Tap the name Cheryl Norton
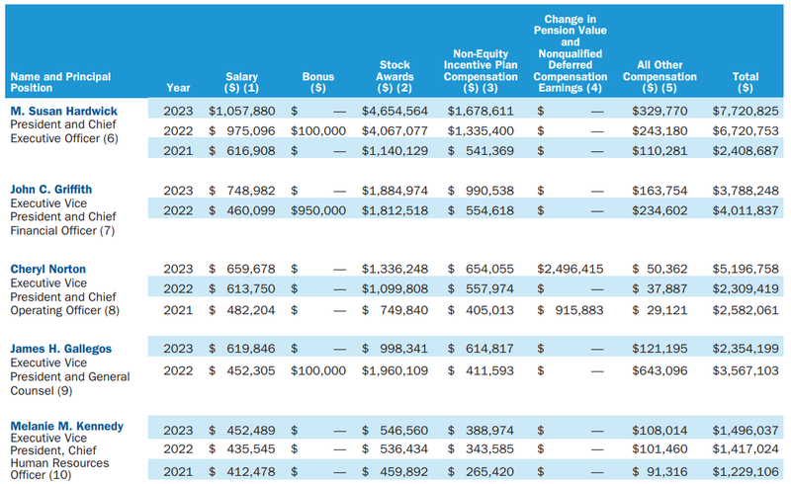[x=48, y=269]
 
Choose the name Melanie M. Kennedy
[x=66, y=426]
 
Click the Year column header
[x=178, y=85]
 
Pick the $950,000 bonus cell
[x=318, y=207]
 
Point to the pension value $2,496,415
[x=570, y=269]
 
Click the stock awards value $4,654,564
[x=395, y=112]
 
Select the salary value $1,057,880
[x=241, y=112]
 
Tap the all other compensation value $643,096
[x=664, y=369]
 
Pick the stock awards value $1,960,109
[x=395, y=369]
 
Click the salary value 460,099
[x=248, y=207]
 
